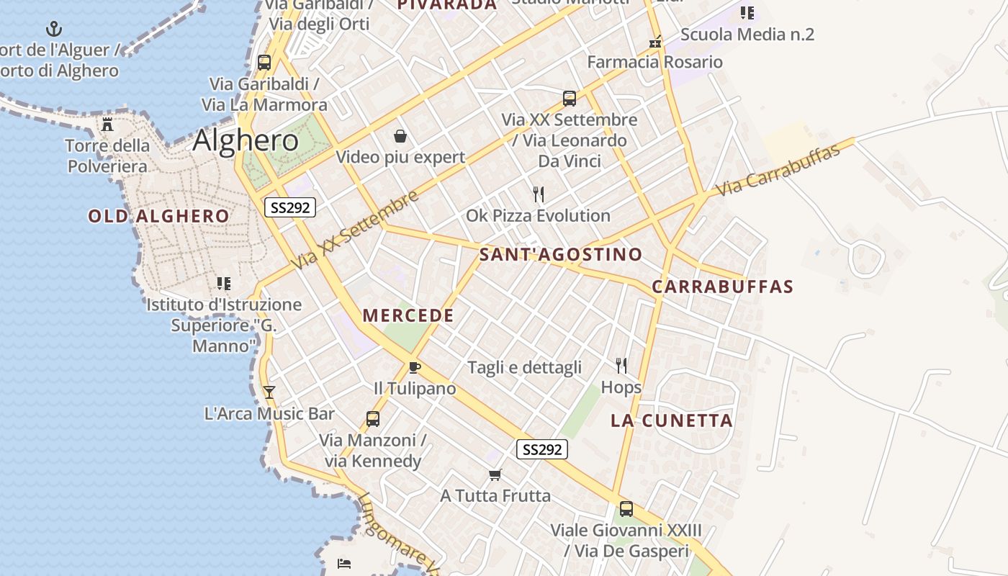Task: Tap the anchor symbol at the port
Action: [x=54, y=30]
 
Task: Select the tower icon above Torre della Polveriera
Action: [x=107, y=125]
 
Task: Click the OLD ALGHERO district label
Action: [x=158, y=216]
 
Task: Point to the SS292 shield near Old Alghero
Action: [x=290, y=208]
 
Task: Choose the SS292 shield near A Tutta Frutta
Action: [x=542, y=450]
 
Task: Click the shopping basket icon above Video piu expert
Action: [x=400, y=136]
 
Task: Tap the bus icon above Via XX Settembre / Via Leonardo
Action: [x=570, y=99]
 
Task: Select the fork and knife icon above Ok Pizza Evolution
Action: [x=538, y=194]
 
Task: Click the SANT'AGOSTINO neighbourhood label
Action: [x=561, y=254]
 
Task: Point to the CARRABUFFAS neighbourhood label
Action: [x=722, y=287]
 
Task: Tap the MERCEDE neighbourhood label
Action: [x=408, y=315]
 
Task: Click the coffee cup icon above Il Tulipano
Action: [x=414, y=368]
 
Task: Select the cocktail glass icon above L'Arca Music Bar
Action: [x=269, y=392]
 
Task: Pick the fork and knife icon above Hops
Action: [x=621, y=366]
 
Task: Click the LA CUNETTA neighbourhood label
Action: [x=672, y=420]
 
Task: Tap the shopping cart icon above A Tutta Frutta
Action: [x=495, y=474]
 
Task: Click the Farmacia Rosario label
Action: [x=654, y=62]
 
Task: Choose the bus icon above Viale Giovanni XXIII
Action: [x=626, y=509]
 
